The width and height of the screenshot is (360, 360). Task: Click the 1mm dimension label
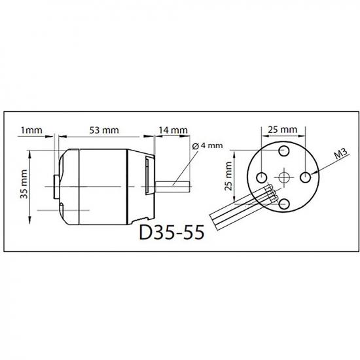[31, 130]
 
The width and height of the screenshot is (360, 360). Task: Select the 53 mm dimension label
[104, 130]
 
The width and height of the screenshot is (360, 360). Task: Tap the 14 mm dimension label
[173, 130]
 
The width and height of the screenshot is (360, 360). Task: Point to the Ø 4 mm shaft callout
[207, 145]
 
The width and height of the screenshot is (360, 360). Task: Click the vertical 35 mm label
[24, 184]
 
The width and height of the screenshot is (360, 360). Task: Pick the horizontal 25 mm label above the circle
[283, 130]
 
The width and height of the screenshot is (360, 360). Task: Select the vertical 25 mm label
[228, 176]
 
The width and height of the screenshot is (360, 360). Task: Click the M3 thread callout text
[341, 154]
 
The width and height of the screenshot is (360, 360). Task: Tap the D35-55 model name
[171, 232]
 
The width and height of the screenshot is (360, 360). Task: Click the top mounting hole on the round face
[284, 151]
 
